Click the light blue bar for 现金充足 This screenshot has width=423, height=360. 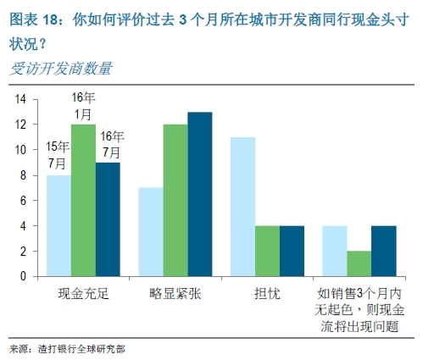tap(58, 225)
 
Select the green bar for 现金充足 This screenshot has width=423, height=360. tap(83, 200)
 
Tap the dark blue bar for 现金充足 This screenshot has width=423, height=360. tap(109, 219)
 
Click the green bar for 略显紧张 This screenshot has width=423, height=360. tap(175, 200)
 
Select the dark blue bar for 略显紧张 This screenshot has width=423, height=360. tap(199, 194)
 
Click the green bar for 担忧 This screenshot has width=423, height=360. tap(267, 251)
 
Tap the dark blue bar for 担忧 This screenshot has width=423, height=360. tap(292, 251)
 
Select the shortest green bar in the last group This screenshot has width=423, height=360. tap(359, 263)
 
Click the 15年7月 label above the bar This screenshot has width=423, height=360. tap(58, 154)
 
